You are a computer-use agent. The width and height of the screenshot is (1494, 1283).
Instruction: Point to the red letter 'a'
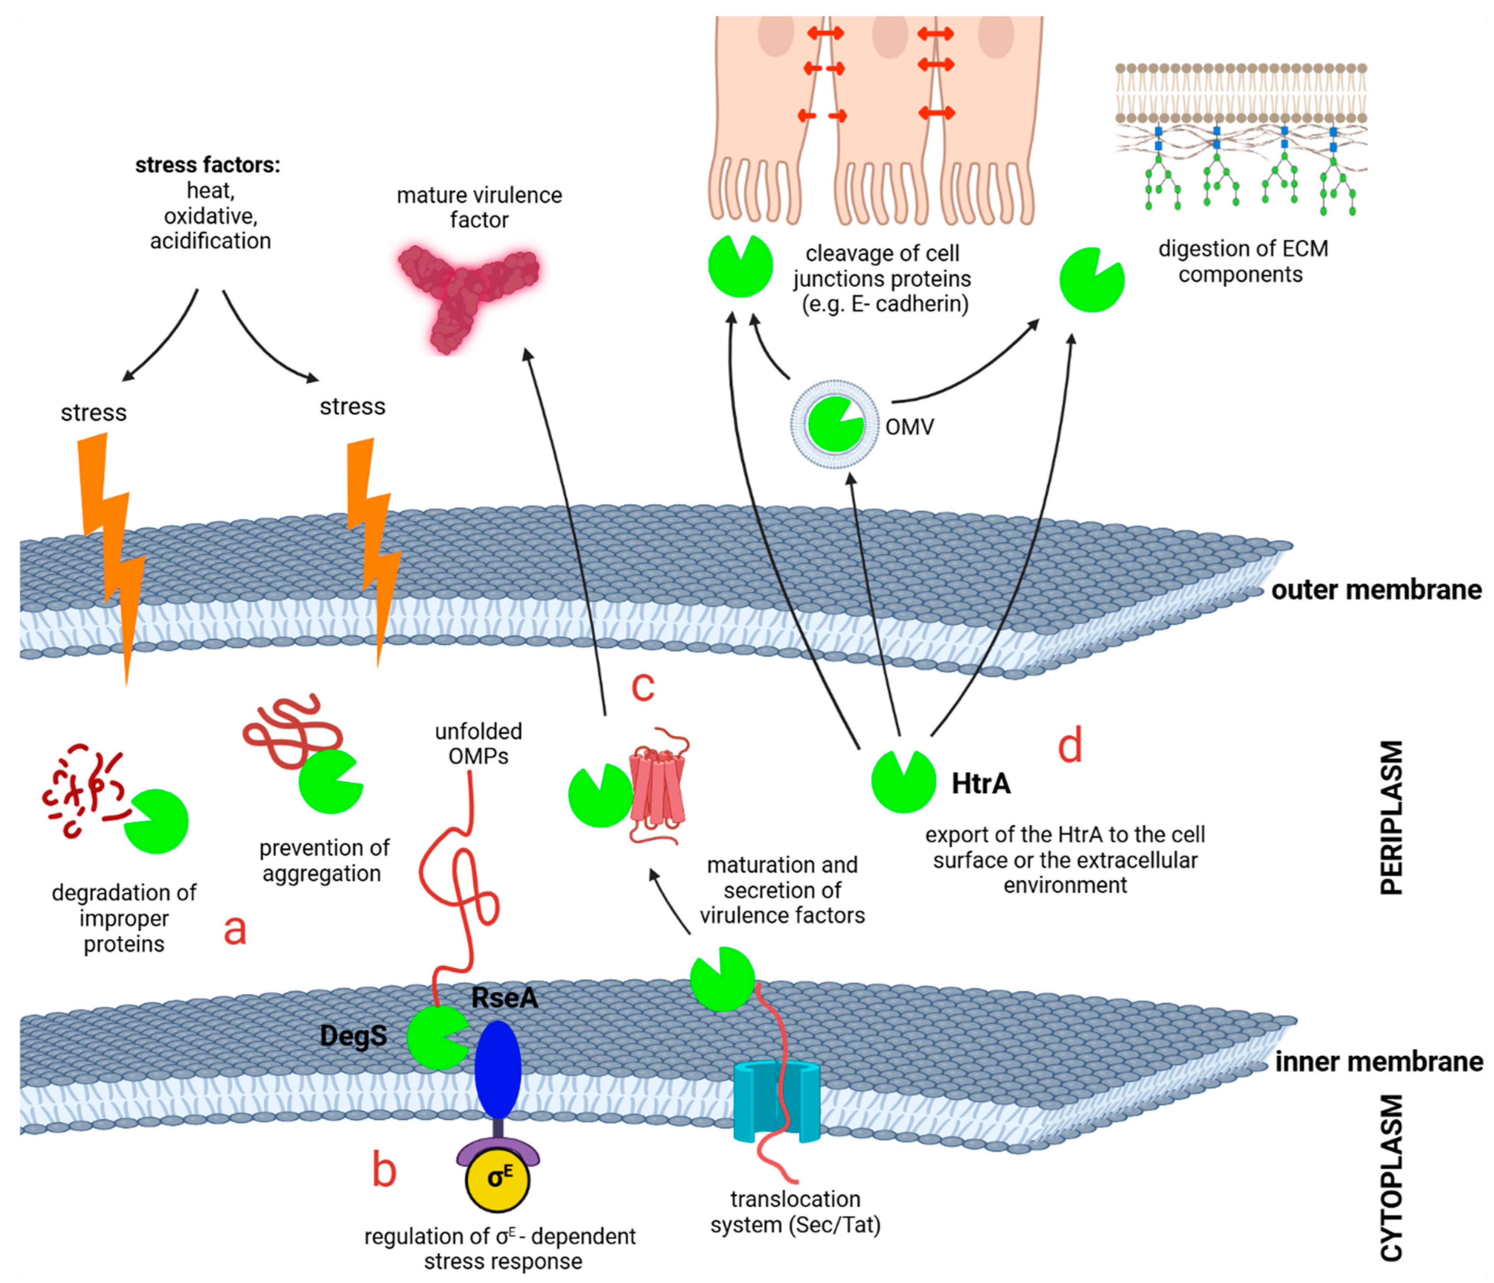(235, 929)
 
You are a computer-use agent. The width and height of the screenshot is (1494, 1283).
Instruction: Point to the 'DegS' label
(353, 1036)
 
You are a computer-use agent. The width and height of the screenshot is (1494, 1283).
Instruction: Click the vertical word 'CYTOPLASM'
(1392, 1178)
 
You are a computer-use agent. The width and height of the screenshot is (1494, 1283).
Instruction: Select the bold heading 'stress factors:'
(208, 165)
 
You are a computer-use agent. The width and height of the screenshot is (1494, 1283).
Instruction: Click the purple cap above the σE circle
(497, 1152)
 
